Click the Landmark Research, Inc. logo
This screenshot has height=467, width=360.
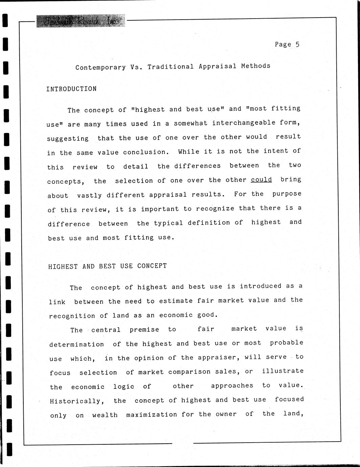pyautogui.click(x=81, y=21)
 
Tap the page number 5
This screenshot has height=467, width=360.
pyautogui.click(x=297, y=44)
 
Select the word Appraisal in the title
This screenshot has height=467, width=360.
pyautogui.click(x=218, y=66)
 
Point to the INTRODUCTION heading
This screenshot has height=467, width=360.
pyautogui.click(x=71, y=89)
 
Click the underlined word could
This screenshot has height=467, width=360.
pyautogui.click(x=261, y=179)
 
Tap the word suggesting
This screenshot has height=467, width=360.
pyautogui.click(x=68, y=138)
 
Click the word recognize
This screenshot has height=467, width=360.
pyautogui.click(x=215, y=208)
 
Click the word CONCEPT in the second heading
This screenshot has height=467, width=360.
pyautogui.click(x=152, y=266)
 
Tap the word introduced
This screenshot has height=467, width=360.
pyautogui.click(x=261, y=286)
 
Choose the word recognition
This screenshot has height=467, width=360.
pyautogui.click(x=72, y=316)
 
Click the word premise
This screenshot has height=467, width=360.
pyautogui.click(x=144, y=330)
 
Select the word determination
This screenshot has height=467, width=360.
pyautogui.click(x=76, y=344)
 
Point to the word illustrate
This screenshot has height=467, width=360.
pyautogui.click(x=283, y=371)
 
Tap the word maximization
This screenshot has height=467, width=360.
pyautogui.click(x=152, y=415)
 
